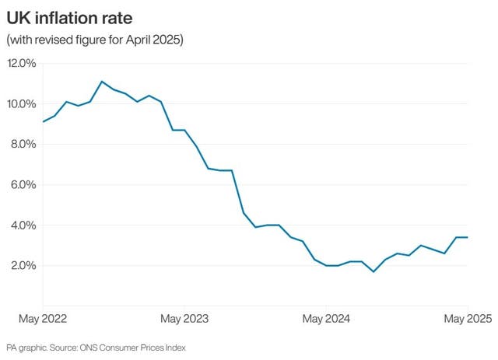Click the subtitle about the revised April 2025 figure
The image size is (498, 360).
94,40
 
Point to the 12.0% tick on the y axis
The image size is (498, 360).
22,64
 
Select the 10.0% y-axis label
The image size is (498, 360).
22,104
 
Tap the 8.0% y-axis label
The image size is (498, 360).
22,145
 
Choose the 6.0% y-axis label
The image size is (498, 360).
22,185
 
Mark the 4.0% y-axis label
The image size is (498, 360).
22,225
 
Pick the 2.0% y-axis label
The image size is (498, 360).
22,266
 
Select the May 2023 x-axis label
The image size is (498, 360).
184,319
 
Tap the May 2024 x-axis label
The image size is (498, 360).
326,319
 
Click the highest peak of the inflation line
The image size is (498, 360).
102,81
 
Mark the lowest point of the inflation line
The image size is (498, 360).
373,271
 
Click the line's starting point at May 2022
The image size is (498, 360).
44,121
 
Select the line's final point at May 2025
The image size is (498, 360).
467,237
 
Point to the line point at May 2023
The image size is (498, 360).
184,130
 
